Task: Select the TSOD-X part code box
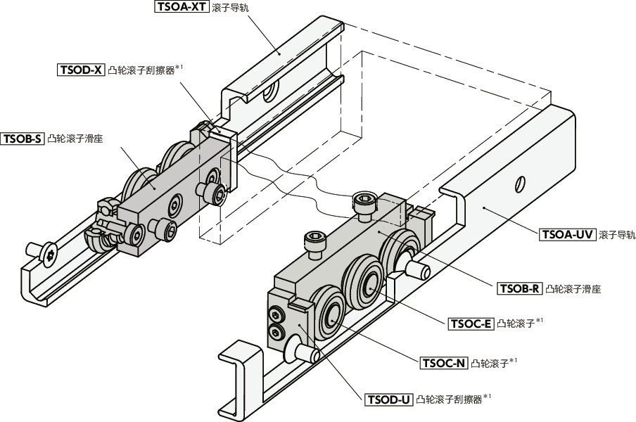pos(81,70)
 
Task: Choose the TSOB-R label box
pos(519,288)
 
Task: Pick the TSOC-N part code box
pos(444,363)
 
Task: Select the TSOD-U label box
pos(388,400)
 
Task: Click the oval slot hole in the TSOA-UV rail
pos(520,183)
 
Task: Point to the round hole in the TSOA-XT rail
pos(269,92)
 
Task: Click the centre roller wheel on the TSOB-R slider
pos(369,283)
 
